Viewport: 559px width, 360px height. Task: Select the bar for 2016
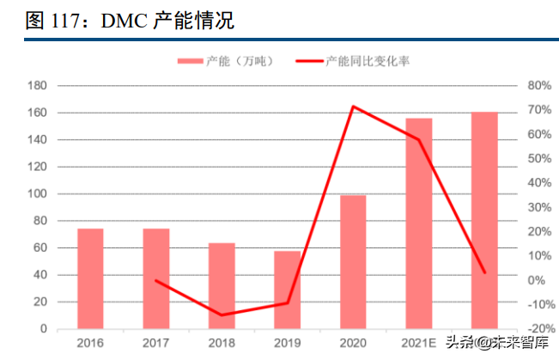90,278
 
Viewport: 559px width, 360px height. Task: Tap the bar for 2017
155,278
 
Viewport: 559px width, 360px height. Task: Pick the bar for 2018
222,285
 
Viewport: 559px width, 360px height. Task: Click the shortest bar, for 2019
287,290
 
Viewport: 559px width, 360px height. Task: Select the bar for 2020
353,261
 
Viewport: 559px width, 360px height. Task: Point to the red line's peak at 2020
353,107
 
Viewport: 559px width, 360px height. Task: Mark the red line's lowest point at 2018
222,315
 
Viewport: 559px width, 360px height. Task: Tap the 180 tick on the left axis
37,86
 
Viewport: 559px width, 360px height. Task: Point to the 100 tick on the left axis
37,194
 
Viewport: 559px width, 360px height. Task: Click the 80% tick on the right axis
538,86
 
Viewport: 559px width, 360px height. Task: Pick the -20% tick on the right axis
538,329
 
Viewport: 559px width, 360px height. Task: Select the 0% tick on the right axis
535,280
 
